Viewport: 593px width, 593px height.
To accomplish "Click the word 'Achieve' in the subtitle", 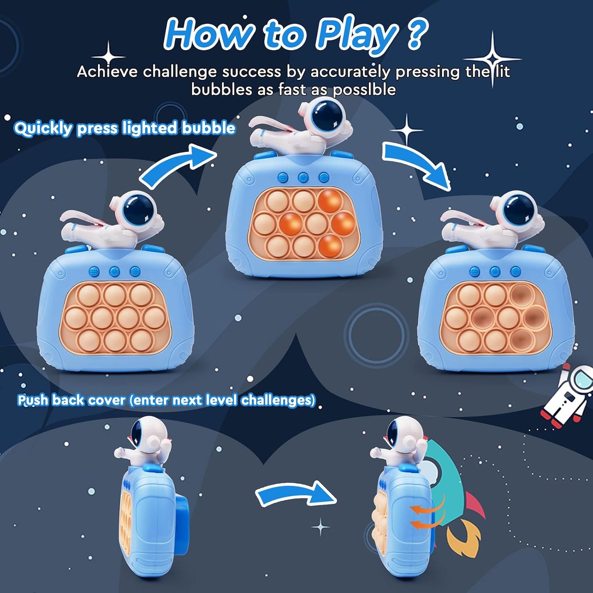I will click(107, 72).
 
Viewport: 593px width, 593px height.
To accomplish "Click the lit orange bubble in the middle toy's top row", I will click(330, 201).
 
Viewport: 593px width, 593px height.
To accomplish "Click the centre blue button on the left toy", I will click(114, 271).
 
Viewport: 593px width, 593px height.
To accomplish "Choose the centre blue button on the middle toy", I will click(303, 178).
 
